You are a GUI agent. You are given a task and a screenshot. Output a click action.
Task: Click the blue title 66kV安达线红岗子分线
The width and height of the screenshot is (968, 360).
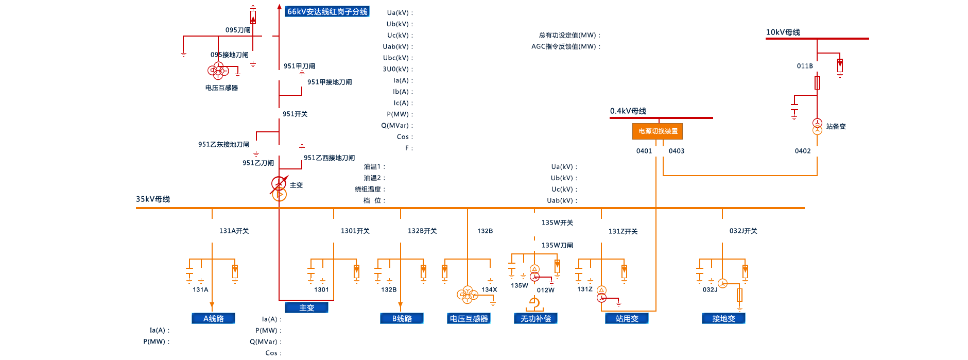[327, 11]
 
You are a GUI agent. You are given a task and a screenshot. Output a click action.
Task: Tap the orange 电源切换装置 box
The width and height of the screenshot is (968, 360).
[658, 131]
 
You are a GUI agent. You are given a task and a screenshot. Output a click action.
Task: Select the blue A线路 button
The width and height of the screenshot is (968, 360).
[213, 318]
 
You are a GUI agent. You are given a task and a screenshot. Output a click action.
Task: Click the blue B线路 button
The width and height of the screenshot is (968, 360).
[402, 318]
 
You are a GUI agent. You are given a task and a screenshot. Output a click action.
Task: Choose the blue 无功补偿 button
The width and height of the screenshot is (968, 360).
[535, 318]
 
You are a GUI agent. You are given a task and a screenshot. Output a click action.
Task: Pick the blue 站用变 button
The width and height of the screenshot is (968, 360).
[627, 318]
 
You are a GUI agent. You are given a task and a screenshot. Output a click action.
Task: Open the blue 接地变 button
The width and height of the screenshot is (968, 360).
[723, 318]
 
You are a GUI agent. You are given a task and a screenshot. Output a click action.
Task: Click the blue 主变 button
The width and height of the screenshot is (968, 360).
[306, 307]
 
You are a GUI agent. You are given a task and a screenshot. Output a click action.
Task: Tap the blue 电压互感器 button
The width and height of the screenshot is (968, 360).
[469, 318]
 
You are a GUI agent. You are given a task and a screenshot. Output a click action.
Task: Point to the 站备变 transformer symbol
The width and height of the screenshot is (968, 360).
[817, 126]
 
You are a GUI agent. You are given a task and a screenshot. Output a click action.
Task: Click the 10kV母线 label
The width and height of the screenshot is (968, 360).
[783, 32]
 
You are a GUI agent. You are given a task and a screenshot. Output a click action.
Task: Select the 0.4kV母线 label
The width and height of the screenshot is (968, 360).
[628, 111]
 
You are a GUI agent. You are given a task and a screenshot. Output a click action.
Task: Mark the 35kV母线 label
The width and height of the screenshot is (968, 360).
[153, 199]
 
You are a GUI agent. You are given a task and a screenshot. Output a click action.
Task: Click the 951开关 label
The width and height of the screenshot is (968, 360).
[295, 114]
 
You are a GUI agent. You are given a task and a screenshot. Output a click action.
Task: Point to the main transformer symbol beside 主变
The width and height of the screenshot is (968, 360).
[279, 188]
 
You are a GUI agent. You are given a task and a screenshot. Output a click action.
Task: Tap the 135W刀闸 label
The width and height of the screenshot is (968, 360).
[557, 245]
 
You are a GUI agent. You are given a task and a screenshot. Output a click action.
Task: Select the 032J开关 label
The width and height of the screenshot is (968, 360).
[743, 231]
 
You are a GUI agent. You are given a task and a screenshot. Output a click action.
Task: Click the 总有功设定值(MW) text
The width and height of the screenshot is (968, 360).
[568, 35]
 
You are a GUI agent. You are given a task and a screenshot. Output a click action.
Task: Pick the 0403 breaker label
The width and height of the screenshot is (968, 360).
[677, 151]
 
